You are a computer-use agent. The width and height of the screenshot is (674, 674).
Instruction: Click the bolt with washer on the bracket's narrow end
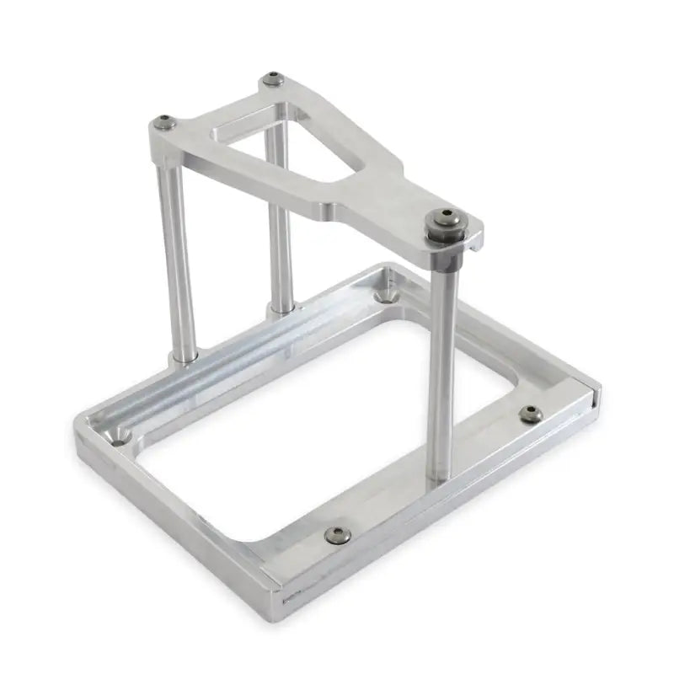446,227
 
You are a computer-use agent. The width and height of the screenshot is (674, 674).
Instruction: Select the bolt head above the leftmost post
166,123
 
